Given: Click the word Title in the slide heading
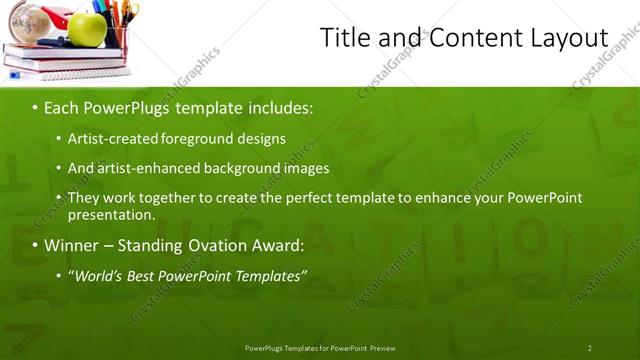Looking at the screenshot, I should tap(342, 38).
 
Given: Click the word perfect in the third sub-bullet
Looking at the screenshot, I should tap(312, 198).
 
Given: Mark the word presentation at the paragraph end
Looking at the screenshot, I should tap(110, 214).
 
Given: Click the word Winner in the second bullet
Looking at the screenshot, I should tap(72, 245).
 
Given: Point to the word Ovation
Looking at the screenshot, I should tap(214, 245).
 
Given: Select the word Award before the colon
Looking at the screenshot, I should tap(276, 245).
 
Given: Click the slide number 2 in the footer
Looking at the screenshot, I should tap(589, 348).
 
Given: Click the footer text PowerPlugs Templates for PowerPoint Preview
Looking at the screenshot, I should tap(320, 348).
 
